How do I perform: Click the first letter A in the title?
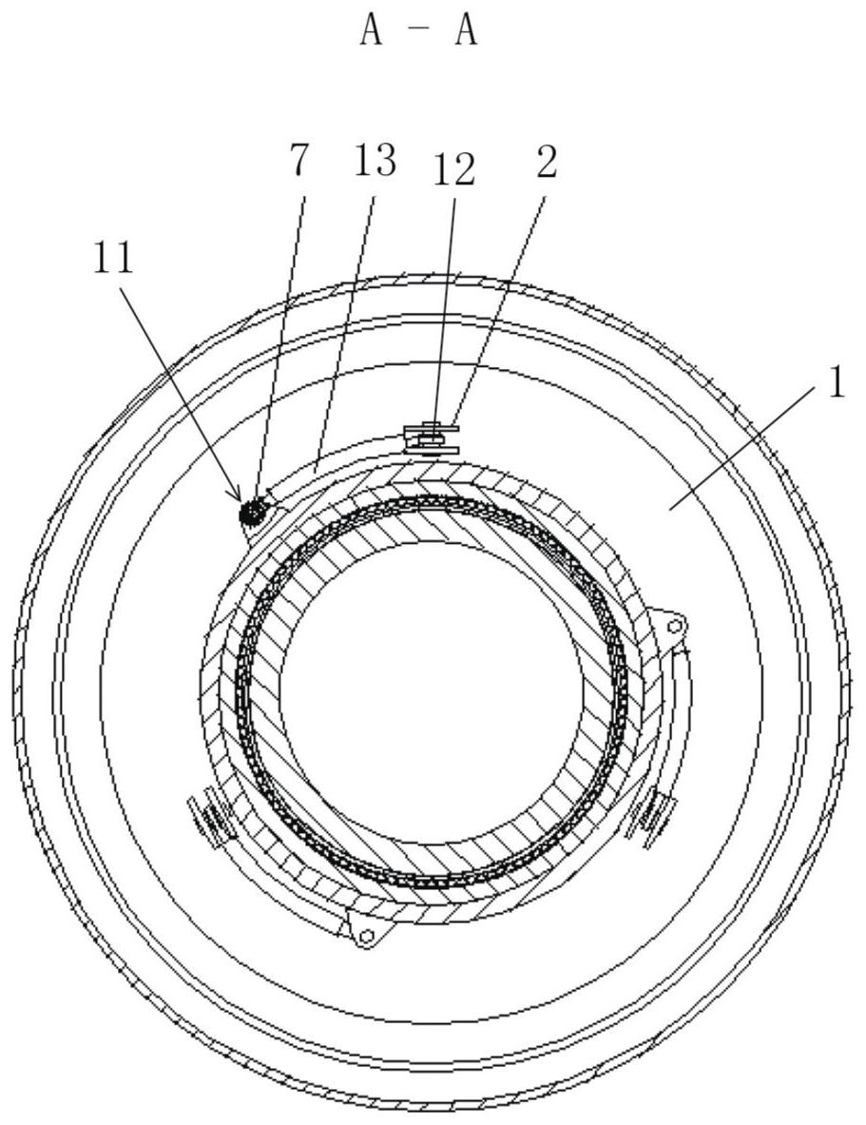pyautogui.click(x=371, y=31)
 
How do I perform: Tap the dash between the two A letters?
pyautogui.click(x=417, y=32)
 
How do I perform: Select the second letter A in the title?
pyautogui.click(x=464, y=31)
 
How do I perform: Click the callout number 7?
pyautogui.click(x=298, y=161)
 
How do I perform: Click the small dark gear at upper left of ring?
pyautogui.click(x=252, y=511)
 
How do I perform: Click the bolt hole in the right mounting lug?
pyautogui.click(x=675, y=626)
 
